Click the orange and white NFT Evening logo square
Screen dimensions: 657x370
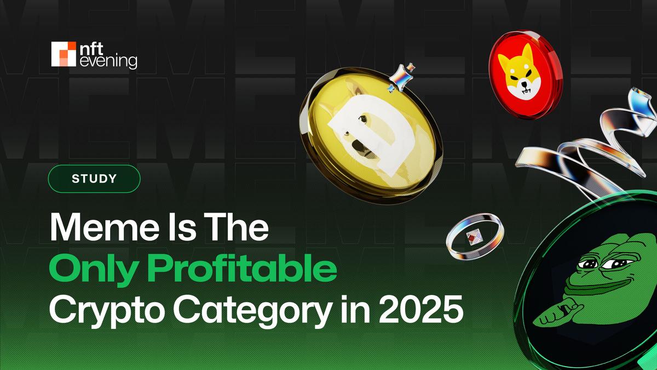(x=64, y=54)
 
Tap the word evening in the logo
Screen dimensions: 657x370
(x=108, y=62)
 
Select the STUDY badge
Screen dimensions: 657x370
(x=94, y=179)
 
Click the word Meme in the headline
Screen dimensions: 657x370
(x=105, y=227)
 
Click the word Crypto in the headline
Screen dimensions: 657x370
(x=107, y=311)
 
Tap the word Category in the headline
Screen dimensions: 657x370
(x=253, y=311)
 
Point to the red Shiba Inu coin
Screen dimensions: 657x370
(x=526, y=75)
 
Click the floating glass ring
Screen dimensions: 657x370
(x=475, y=237)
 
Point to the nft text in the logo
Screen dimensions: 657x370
(x=91, y=48)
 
